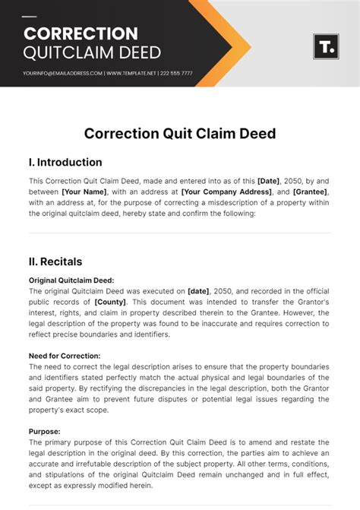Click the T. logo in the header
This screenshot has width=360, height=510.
click(x=325, y=47)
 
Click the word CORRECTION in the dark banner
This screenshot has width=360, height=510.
click(x=81, y=34)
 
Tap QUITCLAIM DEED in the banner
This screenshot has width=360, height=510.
click(x=92, y=52)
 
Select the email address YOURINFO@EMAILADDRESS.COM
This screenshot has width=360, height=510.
click(x=63, y=73)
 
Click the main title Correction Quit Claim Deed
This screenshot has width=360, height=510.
click(x=180, y=134)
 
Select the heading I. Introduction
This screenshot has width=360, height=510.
click(x=65, y=162)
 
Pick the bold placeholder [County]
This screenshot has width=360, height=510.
click(x=110, y=302)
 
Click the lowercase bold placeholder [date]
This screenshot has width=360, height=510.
click(x=200, y=291)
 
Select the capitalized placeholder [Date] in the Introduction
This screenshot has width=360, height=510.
click(x=268, y=181)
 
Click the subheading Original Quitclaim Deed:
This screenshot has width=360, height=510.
click(x=71, y=280)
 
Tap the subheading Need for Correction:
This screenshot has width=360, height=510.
click(x=65, y=356)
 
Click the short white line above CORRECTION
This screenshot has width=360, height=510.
click(x=30, y=17)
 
